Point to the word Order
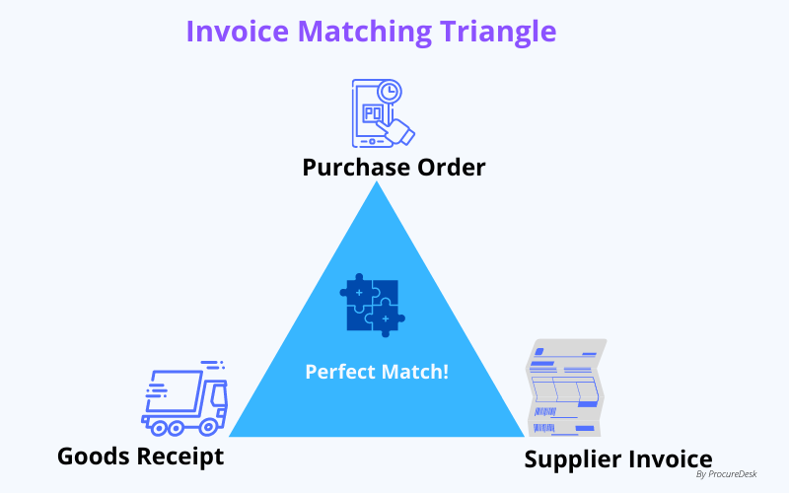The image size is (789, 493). click(x=446, y=167)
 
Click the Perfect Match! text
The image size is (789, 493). click(x=377, y=372)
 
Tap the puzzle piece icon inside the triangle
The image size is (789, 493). click(x=373, y=305)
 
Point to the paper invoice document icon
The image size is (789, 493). click(x=564, y=387)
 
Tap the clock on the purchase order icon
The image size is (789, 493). click(x=390, y=92)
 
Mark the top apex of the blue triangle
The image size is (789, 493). click(x=377, y=183)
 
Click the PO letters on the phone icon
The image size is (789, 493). click(x=374, y=113)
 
